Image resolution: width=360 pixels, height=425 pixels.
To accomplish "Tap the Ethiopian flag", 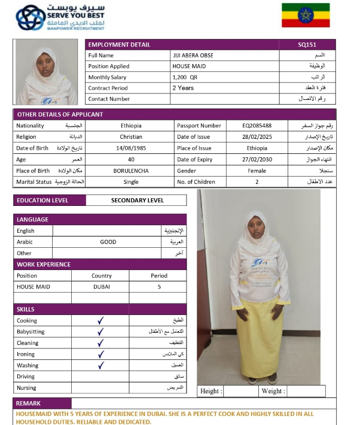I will [306, 16].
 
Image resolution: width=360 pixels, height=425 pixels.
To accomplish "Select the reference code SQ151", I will [307, 45].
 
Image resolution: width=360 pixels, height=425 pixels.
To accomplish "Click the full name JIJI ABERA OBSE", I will [193, 56].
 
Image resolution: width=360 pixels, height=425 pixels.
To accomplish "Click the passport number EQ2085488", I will [257, 126].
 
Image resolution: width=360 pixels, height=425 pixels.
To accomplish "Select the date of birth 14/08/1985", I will [131, 148].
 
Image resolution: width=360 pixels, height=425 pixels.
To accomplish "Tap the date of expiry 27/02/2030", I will [257, 159].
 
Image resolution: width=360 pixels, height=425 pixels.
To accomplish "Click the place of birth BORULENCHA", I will [131, 171].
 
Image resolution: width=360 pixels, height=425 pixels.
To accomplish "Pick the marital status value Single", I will [131, 181].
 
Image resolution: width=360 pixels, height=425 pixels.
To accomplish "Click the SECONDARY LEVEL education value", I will [137, 200].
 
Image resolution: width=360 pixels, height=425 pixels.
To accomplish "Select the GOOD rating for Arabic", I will [108, 242].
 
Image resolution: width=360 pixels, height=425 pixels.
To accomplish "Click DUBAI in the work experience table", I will [102, 287].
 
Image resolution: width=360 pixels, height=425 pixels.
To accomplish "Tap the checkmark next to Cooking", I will [100, 321].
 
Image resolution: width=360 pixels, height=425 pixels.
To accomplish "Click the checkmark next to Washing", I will [100, 365].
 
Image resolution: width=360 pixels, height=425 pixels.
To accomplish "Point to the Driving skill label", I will [26, 377].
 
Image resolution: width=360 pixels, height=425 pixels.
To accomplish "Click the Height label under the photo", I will [211, 391].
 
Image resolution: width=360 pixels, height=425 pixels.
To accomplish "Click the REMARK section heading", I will [28, 403].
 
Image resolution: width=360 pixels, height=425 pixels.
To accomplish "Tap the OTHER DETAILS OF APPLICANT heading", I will [60, 114].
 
